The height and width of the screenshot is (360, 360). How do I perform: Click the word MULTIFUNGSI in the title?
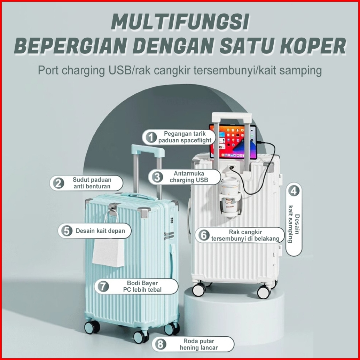(x=180, y=22)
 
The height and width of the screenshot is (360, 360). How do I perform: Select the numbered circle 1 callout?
(x=151, y=137)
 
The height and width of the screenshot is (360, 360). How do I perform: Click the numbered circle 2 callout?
(x=58, y=183)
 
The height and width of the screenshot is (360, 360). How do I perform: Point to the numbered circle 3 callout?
(x=157, y=177)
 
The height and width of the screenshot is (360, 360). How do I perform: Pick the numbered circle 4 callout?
(x=294, y=191)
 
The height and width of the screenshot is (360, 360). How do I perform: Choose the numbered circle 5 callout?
(x=66, y=231)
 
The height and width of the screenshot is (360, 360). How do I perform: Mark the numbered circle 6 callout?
(x=204, y=235)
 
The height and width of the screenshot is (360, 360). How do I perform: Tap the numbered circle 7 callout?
(x=103, y=286)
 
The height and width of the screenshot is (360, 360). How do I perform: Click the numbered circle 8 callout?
(x=160, y=344)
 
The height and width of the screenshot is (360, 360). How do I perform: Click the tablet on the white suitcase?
(x=233, y=142)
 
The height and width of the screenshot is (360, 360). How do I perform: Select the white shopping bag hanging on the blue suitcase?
(x=108, y=249)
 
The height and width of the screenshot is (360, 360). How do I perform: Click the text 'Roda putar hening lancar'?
(x=199, y=344)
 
